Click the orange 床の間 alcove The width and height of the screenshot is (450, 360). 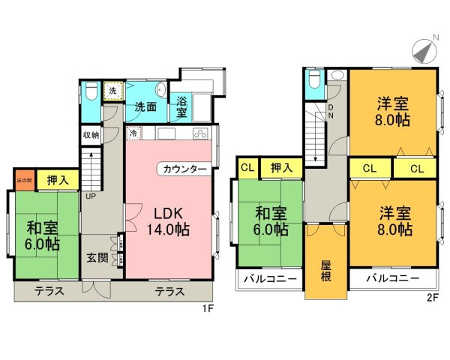[x=24, y=180]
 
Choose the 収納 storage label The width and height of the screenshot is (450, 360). [x=91, y=135]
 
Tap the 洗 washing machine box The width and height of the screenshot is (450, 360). [x=112, y=91]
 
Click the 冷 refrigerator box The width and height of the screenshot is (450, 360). [x=133, y=134]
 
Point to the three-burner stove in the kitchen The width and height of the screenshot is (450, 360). [x=202, y=134]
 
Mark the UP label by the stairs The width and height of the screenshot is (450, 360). [x=91, y=196]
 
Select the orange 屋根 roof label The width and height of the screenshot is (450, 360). [x=326, y=270]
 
